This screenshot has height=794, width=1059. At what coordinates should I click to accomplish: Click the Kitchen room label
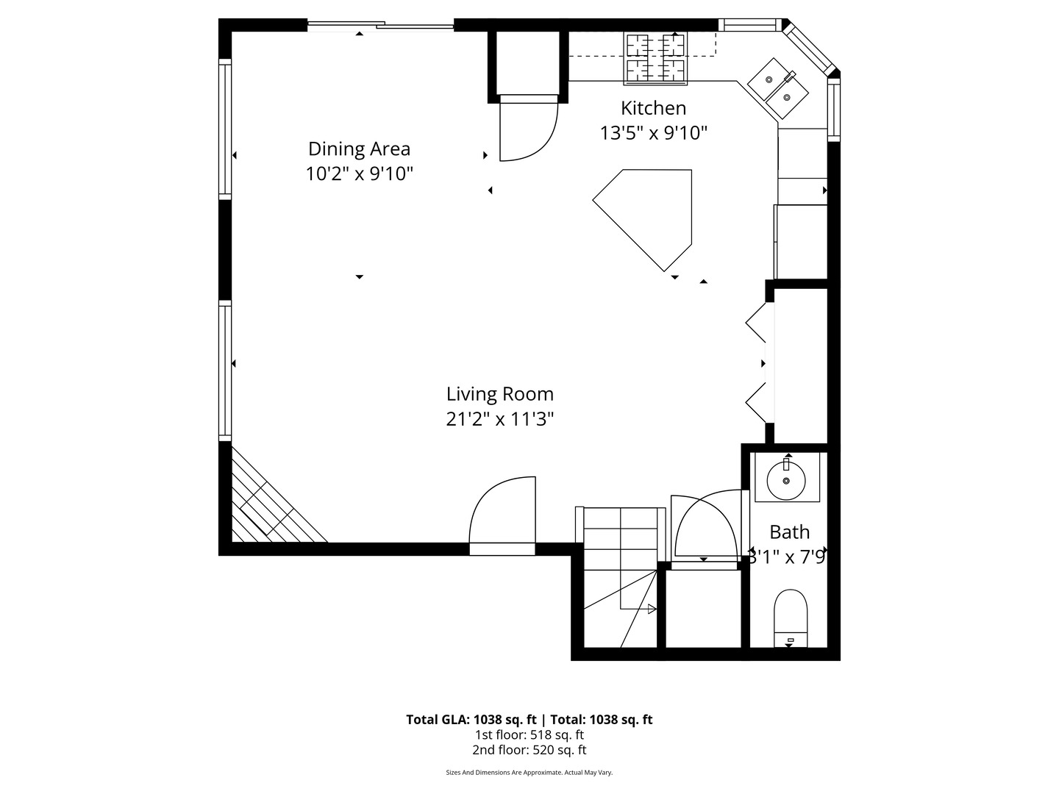coord(653,108)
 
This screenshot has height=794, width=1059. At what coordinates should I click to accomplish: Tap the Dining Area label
coord(359,149)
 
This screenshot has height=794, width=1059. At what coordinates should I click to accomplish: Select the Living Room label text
coord(499,394)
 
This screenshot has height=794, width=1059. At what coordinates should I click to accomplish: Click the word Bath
coord(789,532)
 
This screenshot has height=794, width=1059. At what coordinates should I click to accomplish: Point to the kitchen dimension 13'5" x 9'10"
coord(653,133)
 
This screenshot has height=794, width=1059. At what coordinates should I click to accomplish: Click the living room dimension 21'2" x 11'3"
coord(499,419)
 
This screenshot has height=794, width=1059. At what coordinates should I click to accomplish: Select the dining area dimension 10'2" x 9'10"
coord(359,174)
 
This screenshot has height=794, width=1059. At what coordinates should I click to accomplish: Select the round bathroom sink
coord(787,479)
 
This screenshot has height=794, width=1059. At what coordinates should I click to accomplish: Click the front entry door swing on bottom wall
coord(502,515)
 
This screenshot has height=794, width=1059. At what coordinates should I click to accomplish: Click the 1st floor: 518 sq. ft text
coord(529,734)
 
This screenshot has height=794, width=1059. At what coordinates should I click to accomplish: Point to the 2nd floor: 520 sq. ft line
coord(529,750)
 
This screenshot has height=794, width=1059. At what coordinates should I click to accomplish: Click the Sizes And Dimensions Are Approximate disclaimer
coord(529,773)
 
